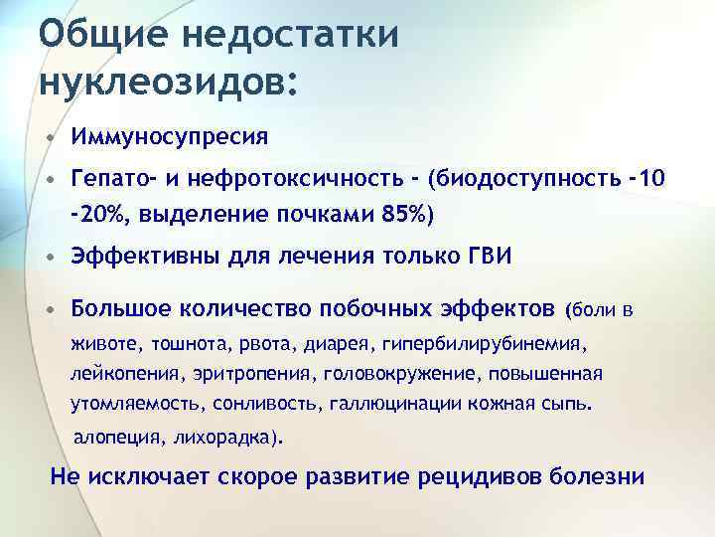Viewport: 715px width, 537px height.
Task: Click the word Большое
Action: coord(123,308)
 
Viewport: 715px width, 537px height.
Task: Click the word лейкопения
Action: coord(124,374)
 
